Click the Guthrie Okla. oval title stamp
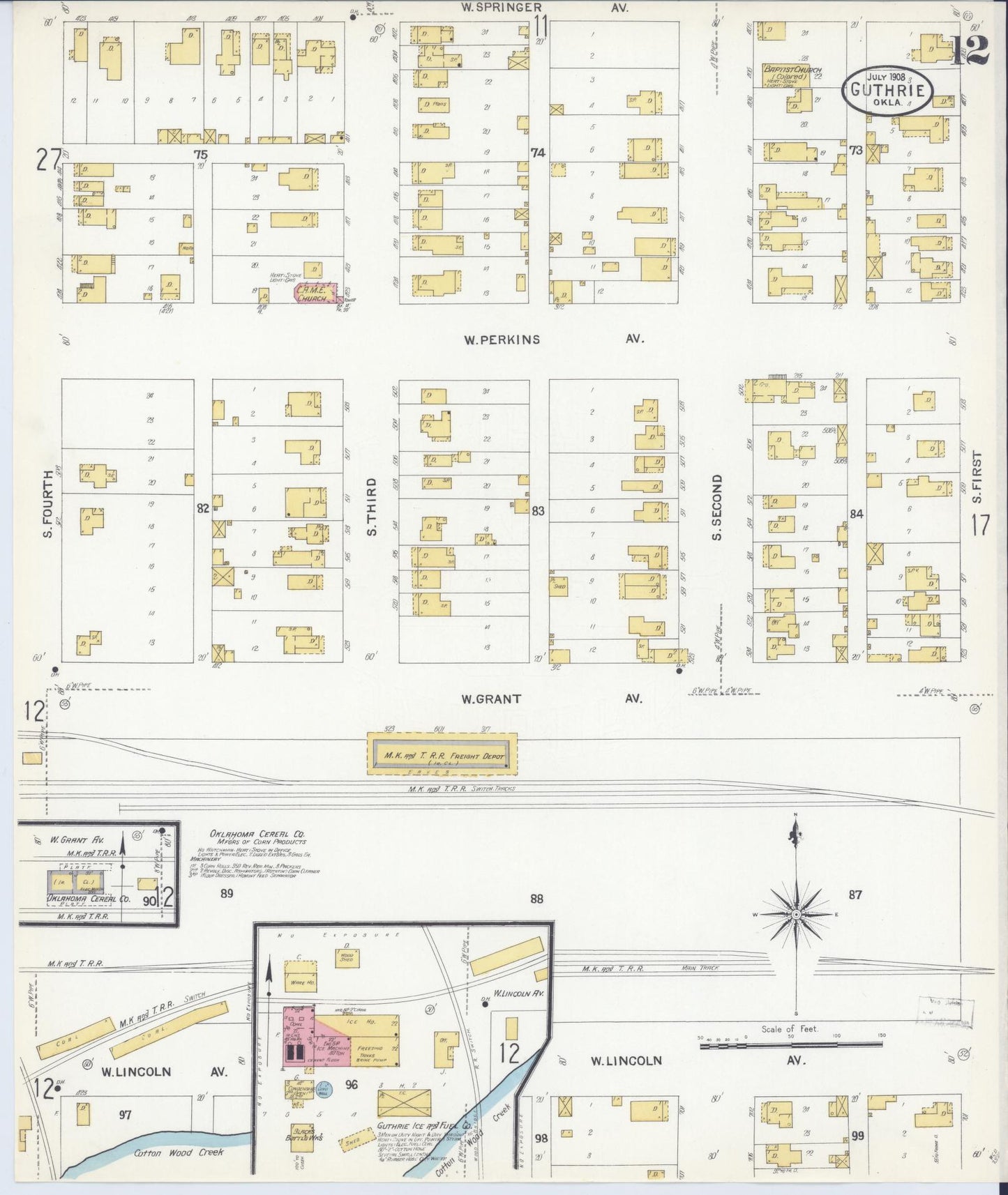(887, 91)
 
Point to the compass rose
(795, 914)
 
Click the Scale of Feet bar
(790, 1044)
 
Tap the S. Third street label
(371, 507)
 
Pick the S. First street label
(977, 478)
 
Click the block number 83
(538, 511)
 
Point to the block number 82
(202, 509)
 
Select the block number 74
(536, 152)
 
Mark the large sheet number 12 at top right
(970, 49)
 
